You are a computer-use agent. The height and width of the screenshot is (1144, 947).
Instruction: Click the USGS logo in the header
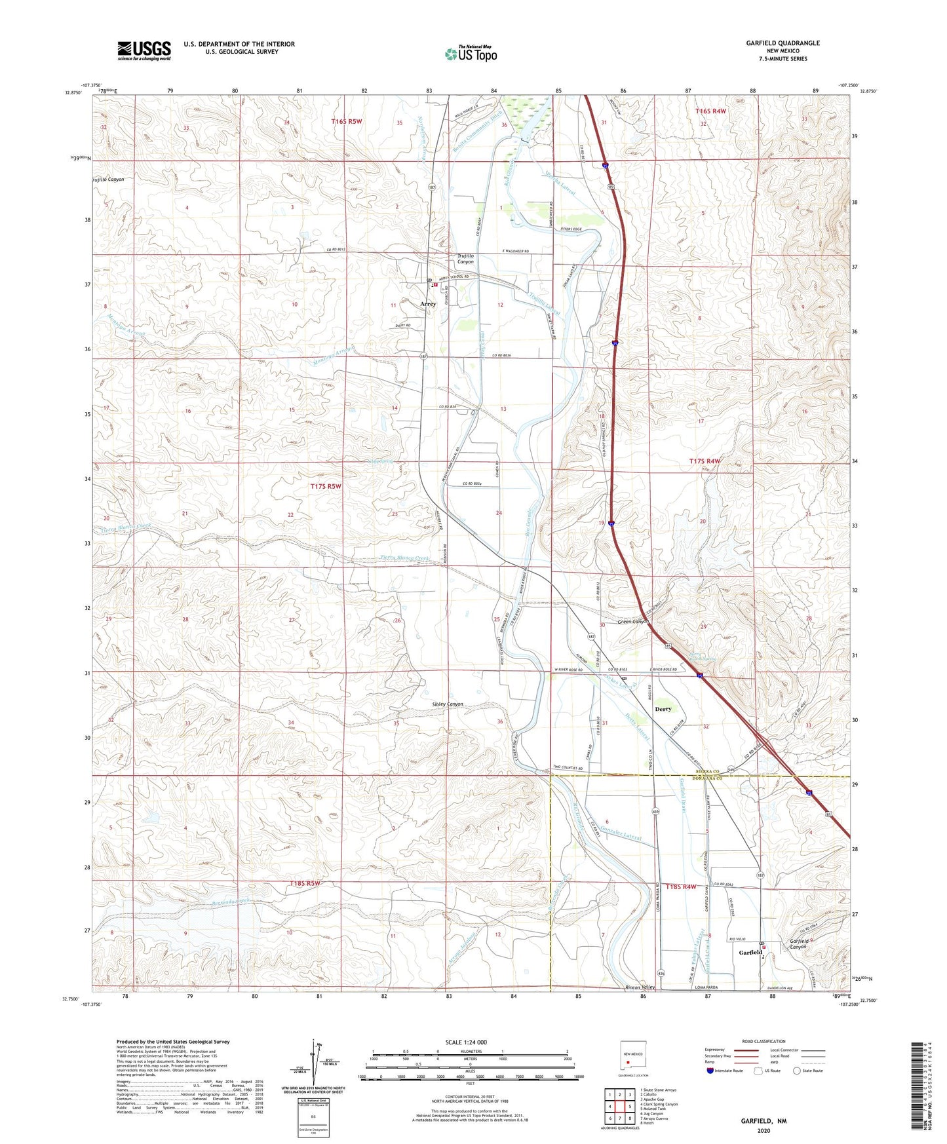[144, 50]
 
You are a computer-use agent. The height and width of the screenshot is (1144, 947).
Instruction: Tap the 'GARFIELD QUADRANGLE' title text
[783, 43]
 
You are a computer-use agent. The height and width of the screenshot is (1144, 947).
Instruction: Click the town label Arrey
[427, 305]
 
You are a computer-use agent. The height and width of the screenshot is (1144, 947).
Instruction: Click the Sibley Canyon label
[448, 704]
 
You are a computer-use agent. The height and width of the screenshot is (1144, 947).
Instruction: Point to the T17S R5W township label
[326, 486]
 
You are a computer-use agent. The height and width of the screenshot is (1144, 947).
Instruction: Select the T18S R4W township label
[680, 887]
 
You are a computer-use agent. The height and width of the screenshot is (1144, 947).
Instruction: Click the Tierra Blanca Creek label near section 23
[405, 558]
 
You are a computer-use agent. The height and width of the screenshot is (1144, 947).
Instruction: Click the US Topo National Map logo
[470, 53]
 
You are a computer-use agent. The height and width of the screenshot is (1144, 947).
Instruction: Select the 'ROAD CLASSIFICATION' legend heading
[763, 1041]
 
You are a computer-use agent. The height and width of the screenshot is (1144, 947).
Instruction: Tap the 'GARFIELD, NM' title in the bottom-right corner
[763, 1121]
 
